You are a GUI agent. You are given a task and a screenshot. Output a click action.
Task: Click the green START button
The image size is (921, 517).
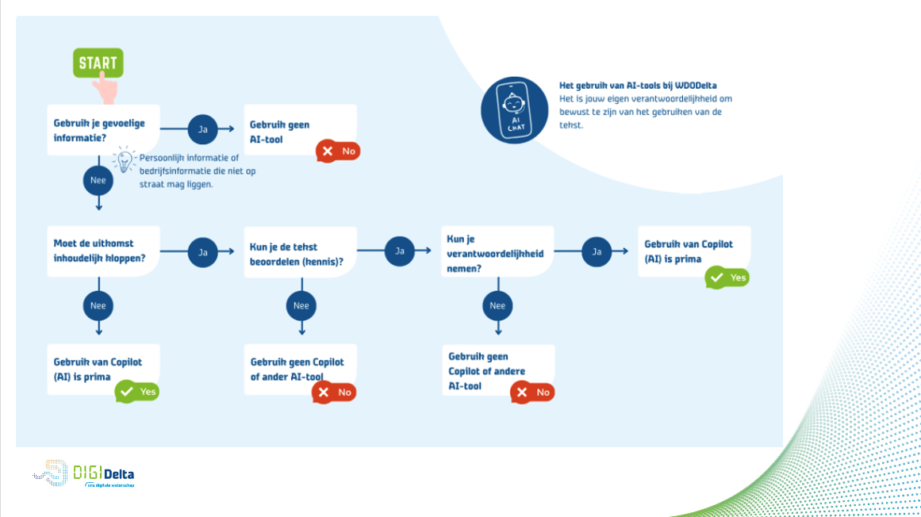coord(98,63)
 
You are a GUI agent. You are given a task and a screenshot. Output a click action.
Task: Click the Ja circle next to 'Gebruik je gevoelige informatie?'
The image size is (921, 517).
coord(202,128)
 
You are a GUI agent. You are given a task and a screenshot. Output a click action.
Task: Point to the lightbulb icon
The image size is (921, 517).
coord(124,159)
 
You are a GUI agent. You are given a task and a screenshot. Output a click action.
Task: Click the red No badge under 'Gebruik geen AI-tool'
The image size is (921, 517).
coord(338,151)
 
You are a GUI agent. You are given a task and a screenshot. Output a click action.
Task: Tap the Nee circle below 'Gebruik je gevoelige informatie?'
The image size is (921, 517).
coord(98,181)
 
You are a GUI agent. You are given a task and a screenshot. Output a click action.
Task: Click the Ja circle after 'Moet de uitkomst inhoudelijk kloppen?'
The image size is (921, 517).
coord(202,252)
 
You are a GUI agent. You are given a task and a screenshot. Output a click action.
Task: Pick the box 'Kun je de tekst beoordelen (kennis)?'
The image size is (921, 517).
coord(300,252)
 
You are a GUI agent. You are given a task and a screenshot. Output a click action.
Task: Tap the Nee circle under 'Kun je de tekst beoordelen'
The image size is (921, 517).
coord(301,305)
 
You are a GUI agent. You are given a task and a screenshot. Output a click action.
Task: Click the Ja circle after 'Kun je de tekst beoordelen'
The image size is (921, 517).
coord(400,251)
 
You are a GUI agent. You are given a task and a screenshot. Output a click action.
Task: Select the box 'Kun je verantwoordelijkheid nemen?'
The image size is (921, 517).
coord(497,251)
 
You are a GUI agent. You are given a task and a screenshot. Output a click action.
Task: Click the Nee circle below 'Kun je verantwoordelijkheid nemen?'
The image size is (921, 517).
coord(497,305)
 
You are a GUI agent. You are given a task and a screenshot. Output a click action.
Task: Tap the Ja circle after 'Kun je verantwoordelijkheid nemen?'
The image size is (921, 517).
coord(597,251)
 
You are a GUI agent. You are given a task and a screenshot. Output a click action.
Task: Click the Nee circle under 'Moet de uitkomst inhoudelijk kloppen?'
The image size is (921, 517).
coord(98,305)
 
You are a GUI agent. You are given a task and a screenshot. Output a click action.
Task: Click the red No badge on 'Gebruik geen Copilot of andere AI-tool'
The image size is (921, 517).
coord(532,392)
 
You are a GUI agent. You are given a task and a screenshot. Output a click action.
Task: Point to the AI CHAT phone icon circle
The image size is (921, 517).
coord(514,109)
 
